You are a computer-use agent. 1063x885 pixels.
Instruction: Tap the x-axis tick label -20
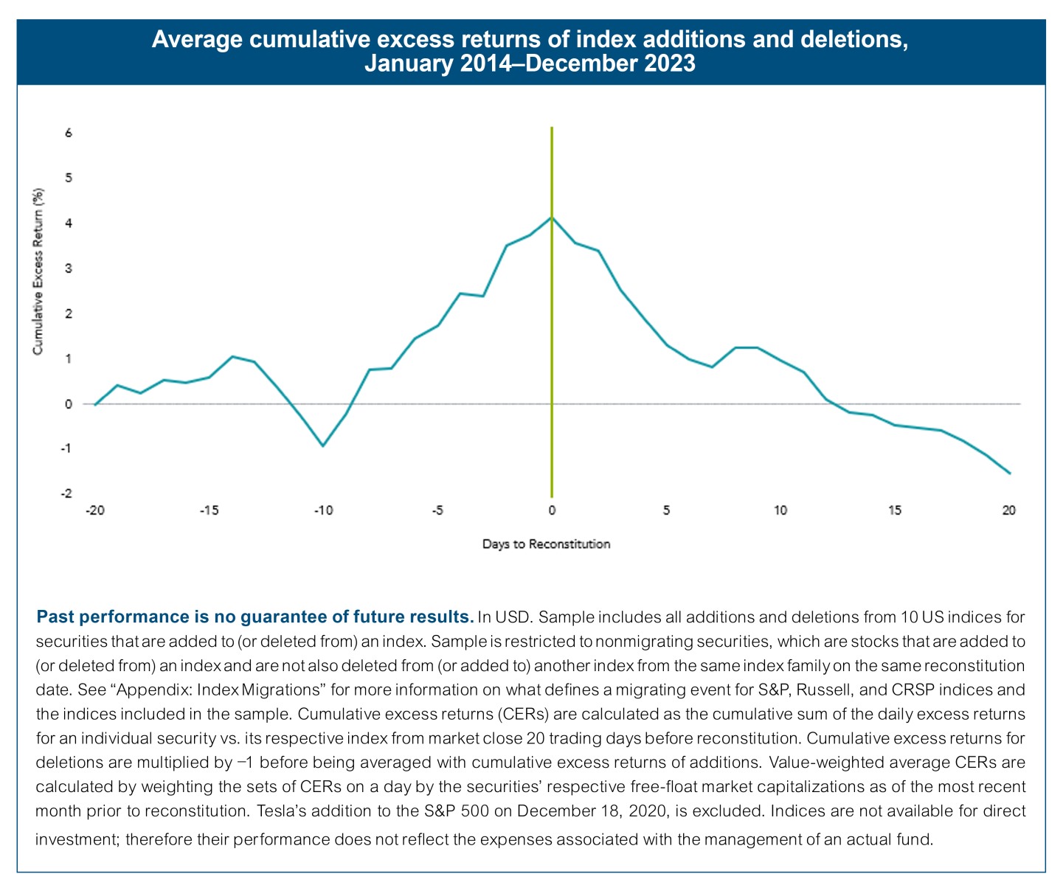pyautogui.click(x=94, y=510)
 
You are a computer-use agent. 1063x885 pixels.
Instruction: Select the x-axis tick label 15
pyautogui.click(x=894, y=510)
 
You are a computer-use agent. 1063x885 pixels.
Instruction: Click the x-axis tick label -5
pyautogui.click(x=437, y=510)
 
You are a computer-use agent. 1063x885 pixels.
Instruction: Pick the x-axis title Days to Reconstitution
pyautogui.click(x=546, y=544)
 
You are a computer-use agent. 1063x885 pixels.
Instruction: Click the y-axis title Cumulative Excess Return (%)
pyautogui.click(x=38, y=271)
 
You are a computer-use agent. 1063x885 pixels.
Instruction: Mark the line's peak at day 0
pyautogui.click(x=552, y=218)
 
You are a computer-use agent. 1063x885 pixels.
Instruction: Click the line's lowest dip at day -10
pyautogui.click(x=323, y=445)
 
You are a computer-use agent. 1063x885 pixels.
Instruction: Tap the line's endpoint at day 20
pyautogui.click(x=1009, y=473)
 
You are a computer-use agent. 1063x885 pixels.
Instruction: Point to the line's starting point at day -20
pyautogui.click(x=95, y=405)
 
